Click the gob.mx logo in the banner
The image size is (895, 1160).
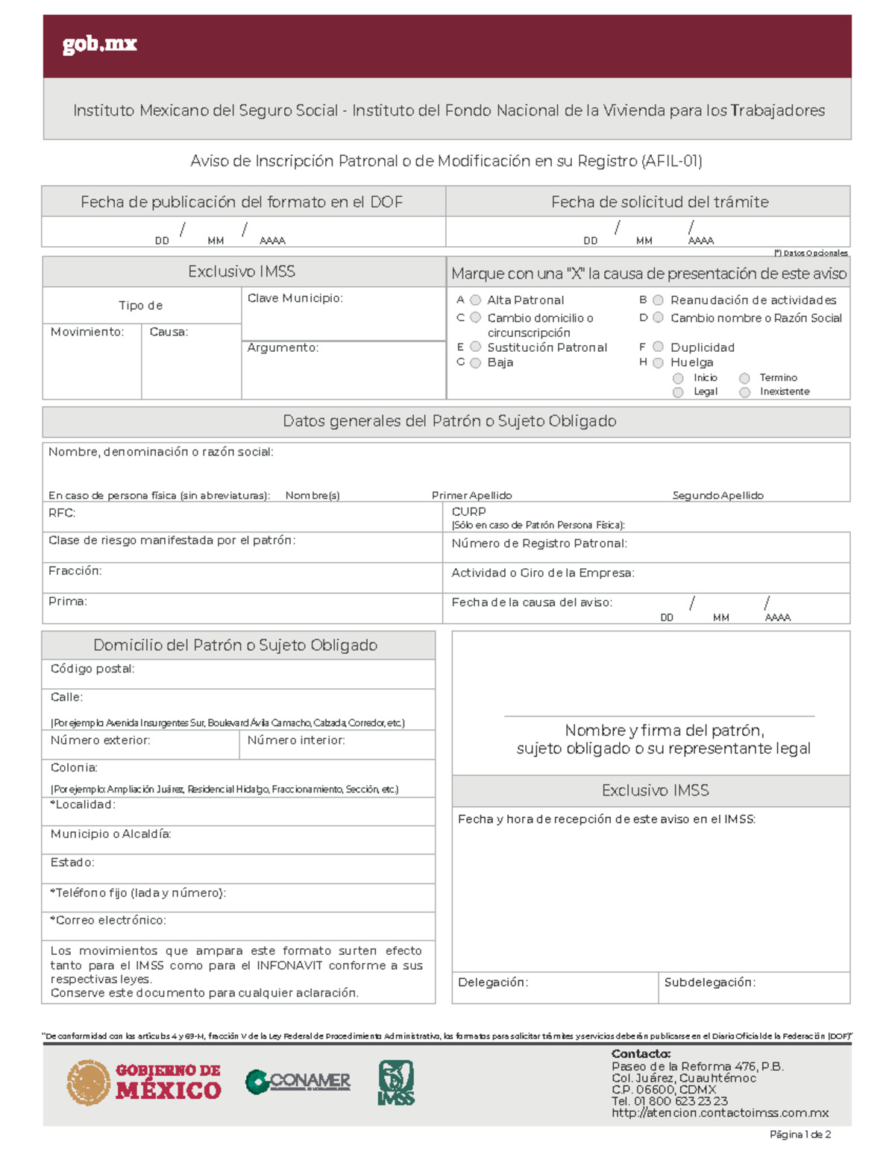click(x=100, y=45)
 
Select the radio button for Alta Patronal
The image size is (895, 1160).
click(x=475, y=300)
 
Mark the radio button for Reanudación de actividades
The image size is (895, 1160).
click(x=658, y=300)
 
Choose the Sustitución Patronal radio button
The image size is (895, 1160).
click(x=475, y=347)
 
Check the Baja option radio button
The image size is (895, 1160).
click(x=475, y=363)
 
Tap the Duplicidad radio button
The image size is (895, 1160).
click(x=658, y=347)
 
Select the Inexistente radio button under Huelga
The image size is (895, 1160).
click(x=744, y=392)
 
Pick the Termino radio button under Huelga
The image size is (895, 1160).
click(x=744, y=379)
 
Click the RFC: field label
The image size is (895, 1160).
click(x=62, y=513)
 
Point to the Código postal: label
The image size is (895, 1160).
click(x=92, y=669)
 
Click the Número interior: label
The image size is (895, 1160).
click(x=296, y=740)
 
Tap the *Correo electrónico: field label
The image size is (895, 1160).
click(x=108, y=921)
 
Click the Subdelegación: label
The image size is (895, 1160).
click(x=709, y=983)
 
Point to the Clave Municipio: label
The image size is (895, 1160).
click(x=295, y=298)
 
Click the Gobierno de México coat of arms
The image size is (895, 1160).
click(x=89, y=1082)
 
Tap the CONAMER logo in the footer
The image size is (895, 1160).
click(x=298, y=1082)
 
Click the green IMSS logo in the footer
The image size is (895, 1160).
click(x=396, y=1082)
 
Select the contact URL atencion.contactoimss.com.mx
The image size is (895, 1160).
click(x=720, y=1113)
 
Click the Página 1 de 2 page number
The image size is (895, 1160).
click(x=800, y=1135)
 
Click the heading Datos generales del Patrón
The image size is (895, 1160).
click(x=449, y=421)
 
